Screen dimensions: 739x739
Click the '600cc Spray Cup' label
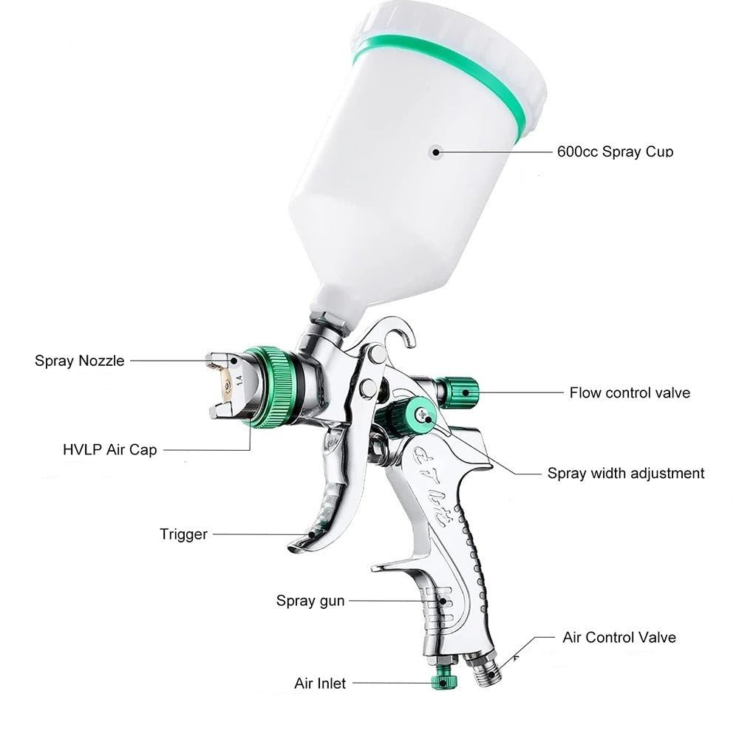pyautogui.click(x=615, y=151)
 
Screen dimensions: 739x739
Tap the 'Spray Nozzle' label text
pyautogui.click(x=80, y=361)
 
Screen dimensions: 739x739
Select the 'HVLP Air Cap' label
pyautogui.click(x=110, y=449)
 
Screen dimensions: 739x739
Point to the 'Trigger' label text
pyautogui.click(x=183, y=534)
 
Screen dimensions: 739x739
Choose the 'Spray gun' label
pyautogui.click(x=310, y=600)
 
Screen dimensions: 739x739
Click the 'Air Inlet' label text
pyautogui.click(x=319, y=684)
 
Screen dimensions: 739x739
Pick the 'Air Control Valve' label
pyautogui.click(x=619, y=637)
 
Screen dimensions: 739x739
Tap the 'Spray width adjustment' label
pyautogui.click(x=626, y=473)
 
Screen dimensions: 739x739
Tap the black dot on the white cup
pyautogui.click(x=437, y=151)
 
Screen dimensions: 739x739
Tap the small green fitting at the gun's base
pyautogui.click(x=445, y=678)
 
